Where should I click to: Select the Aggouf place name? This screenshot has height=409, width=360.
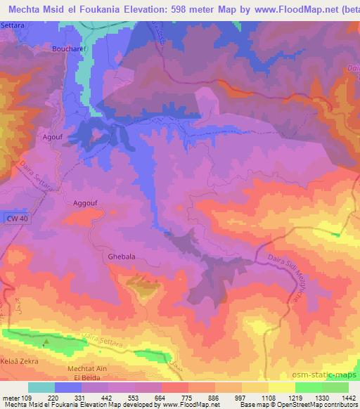[86, 202]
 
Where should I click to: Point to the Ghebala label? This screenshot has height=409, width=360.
[121, 257]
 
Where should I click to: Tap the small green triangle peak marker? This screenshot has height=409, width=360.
[46, 343]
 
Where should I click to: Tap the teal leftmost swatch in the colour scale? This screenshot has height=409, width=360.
[41, 387]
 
